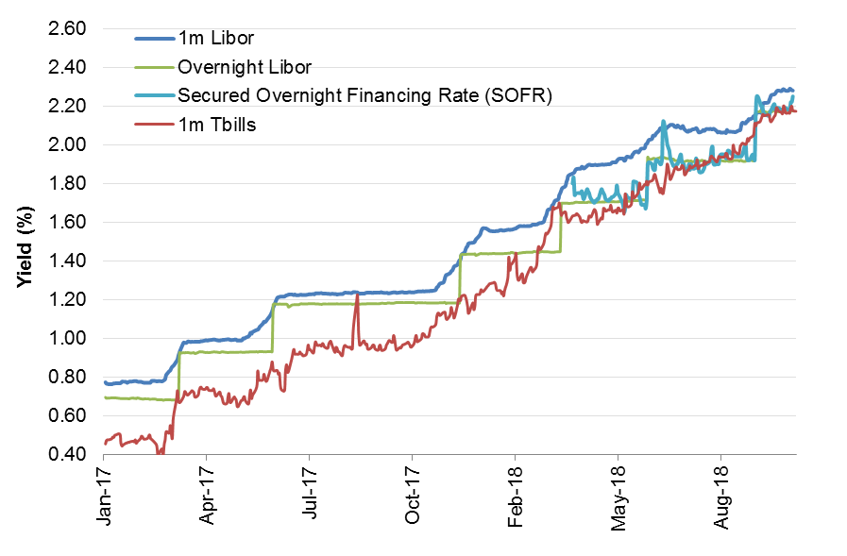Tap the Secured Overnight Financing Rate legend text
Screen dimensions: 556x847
364,95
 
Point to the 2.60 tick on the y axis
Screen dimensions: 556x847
66,29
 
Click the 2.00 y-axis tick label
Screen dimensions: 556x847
66,145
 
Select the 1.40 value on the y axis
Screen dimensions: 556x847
66,261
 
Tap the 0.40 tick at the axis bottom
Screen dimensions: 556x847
66,455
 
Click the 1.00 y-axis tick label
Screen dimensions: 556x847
66,339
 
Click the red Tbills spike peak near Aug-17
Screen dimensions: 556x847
358,298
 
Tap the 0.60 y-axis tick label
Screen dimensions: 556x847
66,416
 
